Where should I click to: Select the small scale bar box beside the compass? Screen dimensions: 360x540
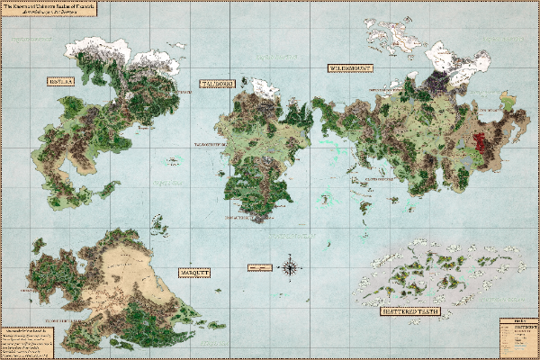[261, 267]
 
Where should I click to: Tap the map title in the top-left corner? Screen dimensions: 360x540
[40, 9]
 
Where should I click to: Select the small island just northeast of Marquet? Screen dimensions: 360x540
[159, 221]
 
